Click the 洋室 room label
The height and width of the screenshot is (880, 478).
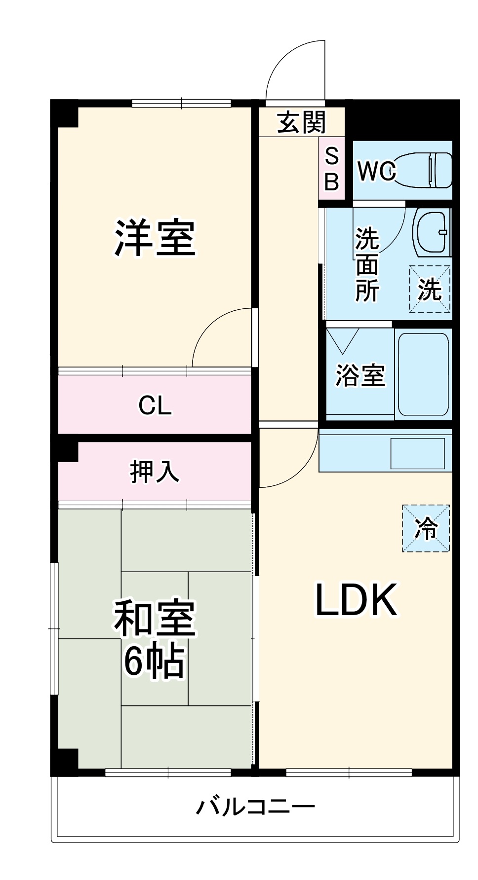coord(155,238)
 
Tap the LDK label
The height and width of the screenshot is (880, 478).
coord(356,600)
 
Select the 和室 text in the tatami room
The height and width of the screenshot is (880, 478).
coord(155,618)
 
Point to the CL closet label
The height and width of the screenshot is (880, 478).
coord(155,405)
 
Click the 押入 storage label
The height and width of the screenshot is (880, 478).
coord(155,472)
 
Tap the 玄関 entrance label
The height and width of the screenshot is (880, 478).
coord(301,122)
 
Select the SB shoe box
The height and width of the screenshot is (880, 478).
coord(331,169)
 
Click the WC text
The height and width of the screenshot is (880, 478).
coord(376,171)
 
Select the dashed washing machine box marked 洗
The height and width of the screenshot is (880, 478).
coord(430,290)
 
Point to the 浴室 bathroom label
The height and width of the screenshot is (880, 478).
coord(360,376)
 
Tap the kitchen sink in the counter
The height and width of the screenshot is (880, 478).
coord(417,453)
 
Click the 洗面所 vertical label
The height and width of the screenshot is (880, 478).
coord(367,265)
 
